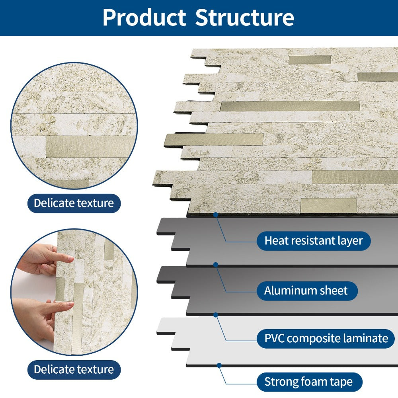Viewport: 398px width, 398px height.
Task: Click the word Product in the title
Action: pos(144,18)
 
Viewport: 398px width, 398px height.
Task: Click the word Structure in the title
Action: pos(245,18)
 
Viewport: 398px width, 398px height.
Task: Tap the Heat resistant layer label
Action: pos(314,241)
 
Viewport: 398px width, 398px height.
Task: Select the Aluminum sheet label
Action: pos(307,291)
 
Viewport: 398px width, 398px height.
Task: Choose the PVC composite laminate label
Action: pos(326,339)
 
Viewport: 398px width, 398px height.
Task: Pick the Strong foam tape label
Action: pos(309,382)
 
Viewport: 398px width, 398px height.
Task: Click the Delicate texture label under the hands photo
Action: pos(74,370)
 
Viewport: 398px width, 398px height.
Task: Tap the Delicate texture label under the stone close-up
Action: pos(74,203)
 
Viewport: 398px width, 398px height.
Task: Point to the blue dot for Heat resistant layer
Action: pos(216,215)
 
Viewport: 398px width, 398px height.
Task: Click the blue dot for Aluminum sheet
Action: pos(216,265)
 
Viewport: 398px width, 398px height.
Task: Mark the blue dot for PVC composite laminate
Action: pos(216,315)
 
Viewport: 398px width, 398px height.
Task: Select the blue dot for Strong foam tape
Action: pos(219,365)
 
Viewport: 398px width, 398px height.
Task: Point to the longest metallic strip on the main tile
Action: pos(290,106)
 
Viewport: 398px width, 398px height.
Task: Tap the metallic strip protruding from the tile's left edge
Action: pos(214,140)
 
